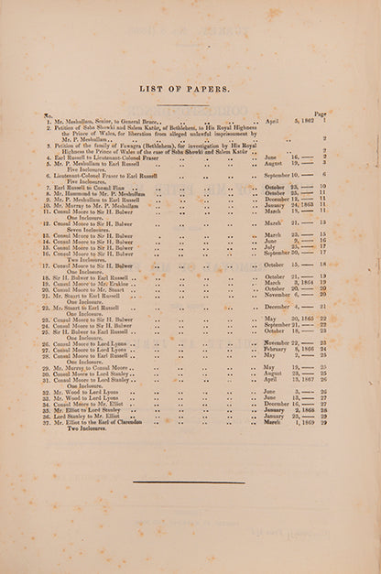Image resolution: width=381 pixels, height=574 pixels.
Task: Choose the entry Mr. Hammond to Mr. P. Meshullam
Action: pos(101,193)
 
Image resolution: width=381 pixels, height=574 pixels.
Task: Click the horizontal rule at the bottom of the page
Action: pos(189,482)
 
